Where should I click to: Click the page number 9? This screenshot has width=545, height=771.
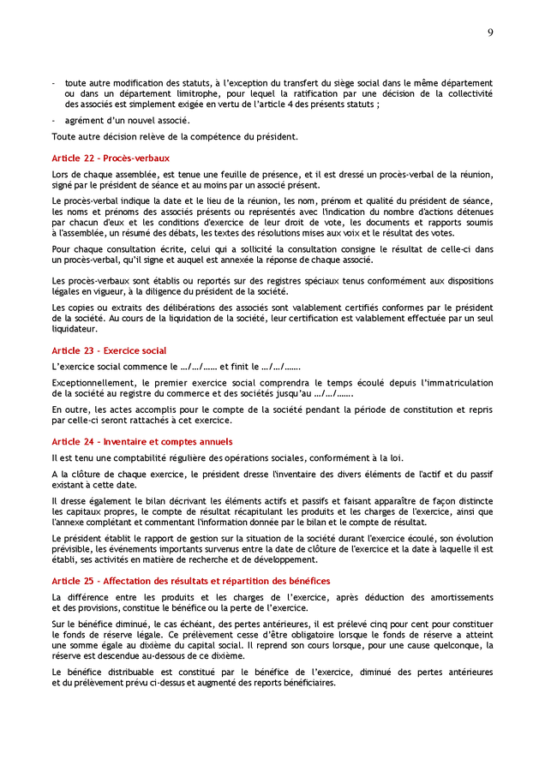[x=490, y=33]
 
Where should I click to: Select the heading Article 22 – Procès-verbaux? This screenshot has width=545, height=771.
[x=111, y=158]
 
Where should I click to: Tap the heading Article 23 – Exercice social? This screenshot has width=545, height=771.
[x=109, y=350]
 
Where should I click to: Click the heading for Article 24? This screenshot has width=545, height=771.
[x=141, y=441]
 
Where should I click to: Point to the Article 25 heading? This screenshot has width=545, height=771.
[x=190, y=581]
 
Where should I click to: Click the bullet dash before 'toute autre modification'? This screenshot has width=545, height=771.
[x=54, y=83]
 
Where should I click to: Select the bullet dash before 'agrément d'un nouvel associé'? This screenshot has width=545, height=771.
[x=54, y=120]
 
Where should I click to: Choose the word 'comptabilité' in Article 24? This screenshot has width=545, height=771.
[x=125, y=457]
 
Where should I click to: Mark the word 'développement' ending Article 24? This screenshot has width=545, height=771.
[x=283, y=559]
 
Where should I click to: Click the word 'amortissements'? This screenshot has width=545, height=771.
[x=460, y=596]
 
